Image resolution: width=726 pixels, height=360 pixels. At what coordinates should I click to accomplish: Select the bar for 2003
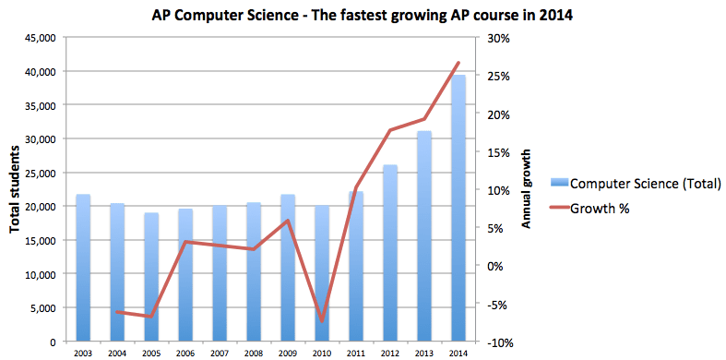coord(83,268)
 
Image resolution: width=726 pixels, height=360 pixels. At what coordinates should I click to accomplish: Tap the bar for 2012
coord(390,253)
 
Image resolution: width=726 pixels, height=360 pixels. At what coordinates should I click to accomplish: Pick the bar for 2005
coord(151,277)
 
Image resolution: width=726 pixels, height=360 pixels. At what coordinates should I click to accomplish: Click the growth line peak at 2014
coord(458,63)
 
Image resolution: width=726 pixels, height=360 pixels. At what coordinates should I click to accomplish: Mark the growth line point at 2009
coord(288,221)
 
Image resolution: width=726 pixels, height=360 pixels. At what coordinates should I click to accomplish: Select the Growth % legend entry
coord(600,209)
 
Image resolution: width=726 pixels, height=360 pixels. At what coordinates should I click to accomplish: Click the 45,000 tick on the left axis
coord(38,38)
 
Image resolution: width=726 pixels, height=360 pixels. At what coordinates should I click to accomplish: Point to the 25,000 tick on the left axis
coord(38,173)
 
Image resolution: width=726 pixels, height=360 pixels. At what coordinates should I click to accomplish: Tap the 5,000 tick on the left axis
coord(41,308)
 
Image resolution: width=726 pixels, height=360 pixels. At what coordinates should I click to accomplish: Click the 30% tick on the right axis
coord(495,38)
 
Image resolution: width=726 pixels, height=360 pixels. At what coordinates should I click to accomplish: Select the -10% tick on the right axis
coord(495,342)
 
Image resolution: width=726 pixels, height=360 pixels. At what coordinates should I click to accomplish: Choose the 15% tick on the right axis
coord(495,152)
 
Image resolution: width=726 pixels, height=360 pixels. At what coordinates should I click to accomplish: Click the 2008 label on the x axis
coord(254,352)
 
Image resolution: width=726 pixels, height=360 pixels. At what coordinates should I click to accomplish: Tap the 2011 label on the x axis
coord(356,352)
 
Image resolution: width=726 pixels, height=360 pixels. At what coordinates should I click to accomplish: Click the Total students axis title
coord(15,190)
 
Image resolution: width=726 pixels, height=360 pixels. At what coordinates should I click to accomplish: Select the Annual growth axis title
coord(527,190)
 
